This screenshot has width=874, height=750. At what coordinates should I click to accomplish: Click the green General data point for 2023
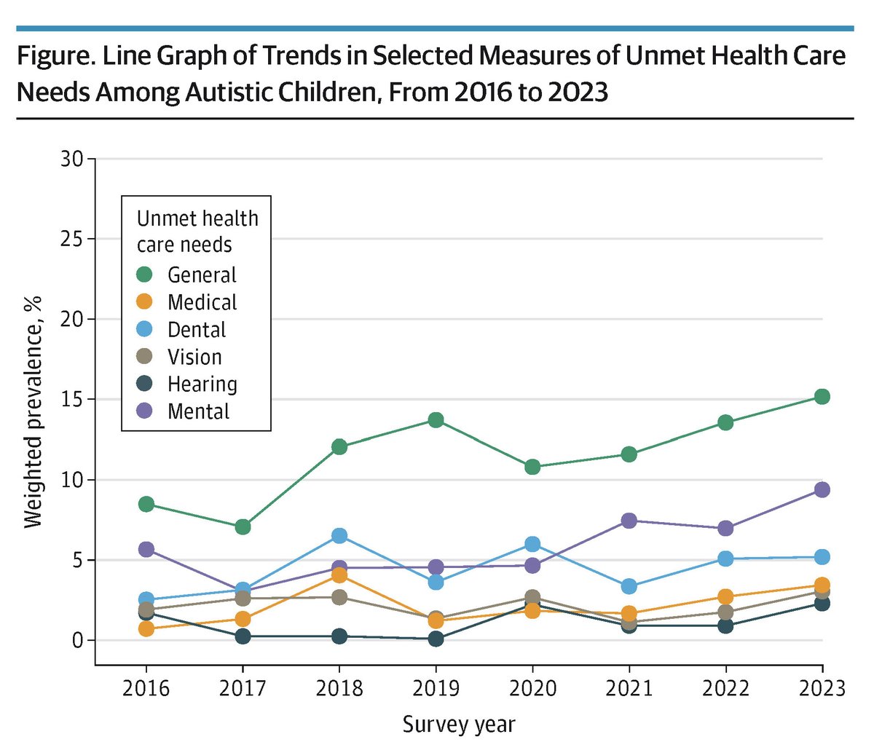822,397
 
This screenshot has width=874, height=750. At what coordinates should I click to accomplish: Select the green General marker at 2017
243,526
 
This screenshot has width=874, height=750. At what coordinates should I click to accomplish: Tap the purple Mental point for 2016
146,549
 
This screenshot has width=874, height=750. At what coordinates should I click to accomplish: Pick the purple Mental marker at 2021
629,521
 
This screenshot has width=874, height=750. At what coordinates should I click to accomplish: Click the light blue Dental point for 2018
339,536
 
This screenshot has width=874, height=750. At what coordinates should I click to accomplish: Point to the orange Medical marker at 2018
339,575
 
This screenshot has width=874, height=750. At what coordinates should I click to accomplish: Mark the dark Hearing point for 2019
436,639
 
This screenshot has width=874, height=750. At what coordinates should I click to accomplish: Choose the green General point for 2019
436,420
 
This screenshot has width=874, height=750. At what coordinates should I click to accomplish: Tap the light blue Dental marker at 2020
532,545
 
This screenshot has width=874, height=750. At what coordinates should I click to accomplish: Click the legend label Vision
194,357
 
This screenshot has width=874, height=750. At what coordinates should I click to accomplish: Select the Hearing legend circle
145,384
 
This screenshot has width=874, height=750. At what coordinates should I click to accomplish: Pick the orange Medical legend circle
145,302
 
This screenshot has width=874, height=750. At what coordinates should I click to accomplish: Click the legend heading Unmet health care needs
197,231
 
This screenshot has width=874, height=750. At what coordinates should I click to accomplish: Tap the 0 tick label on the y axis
78,641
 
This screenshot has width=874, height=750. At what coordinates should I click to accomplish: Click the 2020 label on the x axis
532,688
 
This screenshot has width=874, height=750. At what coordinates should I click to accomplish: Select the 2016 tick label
146,688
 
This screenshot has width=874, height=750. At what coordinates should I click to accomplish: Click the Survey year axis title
459,725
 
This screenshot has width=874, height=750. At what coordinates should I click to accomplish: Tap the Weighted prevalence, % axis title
34,411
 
